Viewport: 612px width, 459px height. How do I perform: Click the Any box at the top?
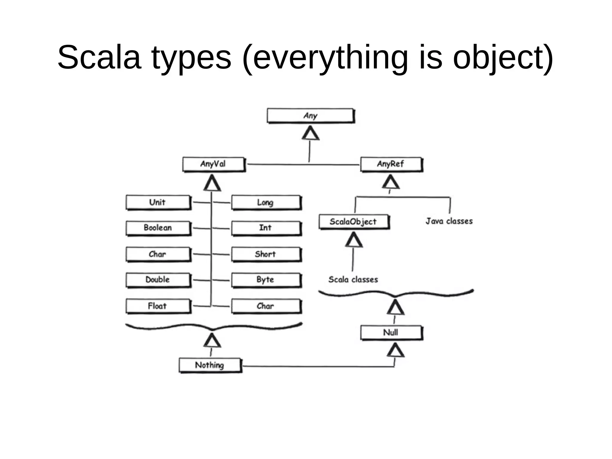click(310, 116)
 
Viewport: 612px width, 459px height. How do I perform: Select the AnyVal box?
click(213, 164)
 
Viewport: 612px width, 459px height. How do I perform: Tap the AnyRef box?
click(391, 164)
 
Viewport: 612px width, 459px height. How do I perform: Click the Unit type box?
click(158, 202)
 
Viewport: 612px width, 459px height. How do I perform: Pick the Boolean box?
click(158, 228)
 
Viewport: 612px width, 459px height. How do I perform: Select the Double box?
click(158, 280)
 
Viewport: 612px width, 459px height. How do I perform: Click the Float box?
click(158, 306)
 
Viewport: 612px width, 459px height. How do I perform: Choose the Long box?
click(266, 203)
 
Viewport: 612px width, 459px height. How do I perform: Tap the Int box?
click(266, 228)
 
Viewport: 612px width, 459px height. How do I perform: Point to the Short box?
click(266, 254)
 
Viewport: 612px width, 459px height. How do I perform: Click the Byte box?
click(266, 280)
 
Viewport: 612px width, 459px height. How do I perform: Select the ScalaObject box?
click(354, 222)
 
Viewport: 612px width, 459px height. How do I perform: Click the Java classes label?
click(449, 221)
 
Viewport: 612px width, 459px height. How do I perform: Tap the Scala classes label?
click(353, 280)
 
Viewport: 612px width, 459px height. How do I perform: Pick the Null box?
click(391, 333)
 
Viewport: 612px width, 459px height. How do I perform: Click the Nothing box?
click(210, 365)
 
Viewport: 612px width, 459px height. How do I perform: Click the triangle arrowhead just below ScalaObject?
click(354, 240)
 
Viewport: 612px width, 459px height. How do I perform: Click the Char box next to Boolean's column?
click(158, 254)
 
